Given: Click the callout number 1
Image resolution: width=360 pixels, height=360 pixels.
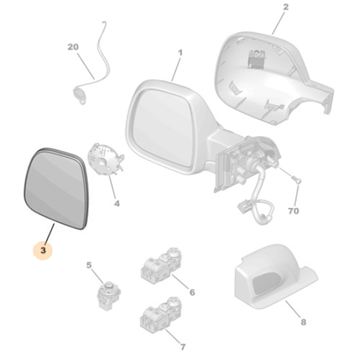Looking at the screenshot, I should [180, 53].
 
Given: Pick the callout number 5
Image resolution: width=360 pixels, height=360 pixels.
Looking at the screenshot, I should [89, 266].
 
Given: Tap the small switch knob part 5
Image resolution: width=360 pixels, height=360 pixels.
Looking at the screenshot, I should [107, 292].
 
